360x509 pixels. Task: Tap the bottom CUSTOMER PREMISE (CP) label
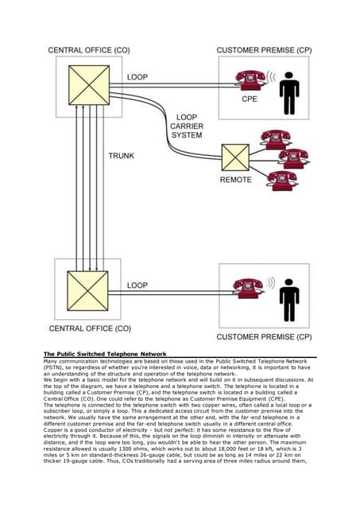coord(265,336)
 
